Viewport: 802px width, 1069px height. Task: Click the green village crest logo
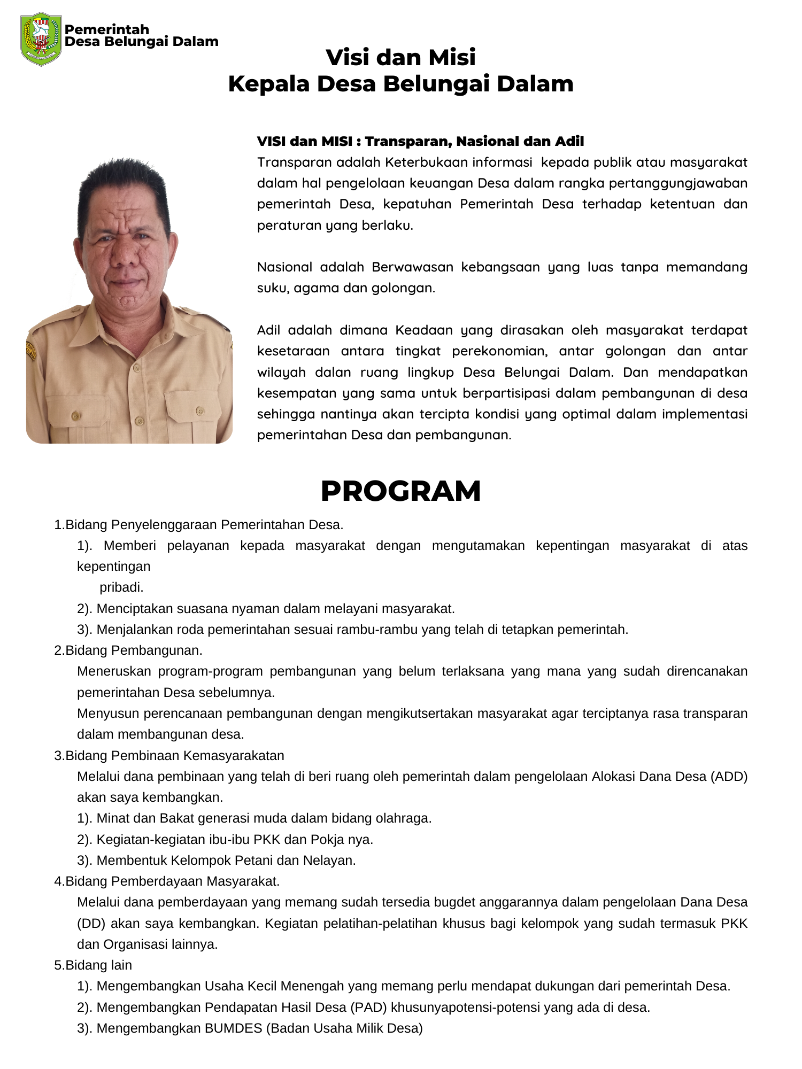pyautogui.click(x=41, y=39)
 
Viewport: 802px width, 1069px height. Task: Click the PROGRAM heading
pyautogui.click(x=400, y=491)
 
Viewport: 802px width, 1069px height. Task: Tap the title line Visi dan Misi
pyautogui.click(x=400, y=57)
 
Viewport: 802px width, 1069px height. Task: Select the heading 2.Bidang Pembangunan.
pyautogui.click(x=128, y=650)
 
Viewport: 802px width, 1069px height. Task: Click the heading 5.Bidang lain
pyautogui.click(x=93, y=965)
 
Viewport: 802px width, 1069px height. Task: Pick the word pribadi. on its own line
pyautogui.click(x=121, y=587)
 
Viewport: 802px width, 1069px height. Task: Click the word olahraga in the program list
pyautogui.click(x=407, y=818)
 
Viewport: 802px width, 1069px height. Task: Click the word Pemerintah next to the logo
pyautogui.click(x=106, y=29)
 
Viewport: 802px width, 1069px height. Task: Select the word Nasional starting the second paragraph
pyautogui.click(x=284, y=267)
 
